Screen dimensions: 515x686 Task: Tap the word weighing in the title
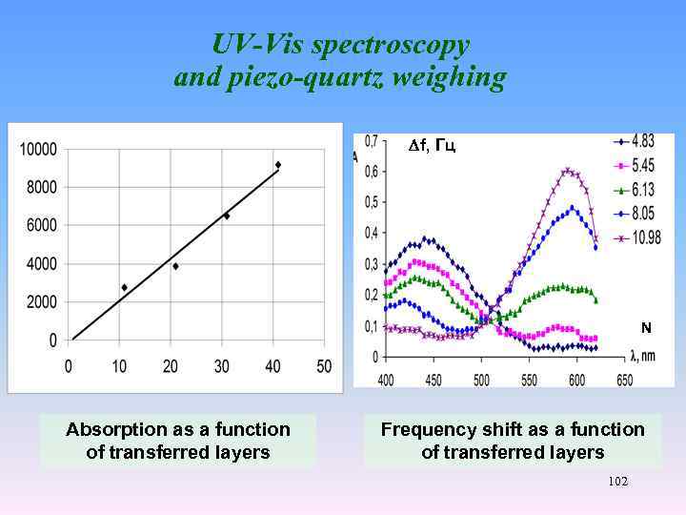point(447,77)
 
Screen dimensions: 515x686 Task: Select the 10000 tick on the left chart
point(39,149)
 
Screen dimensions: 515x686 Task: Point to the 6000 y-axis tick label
point(42,225)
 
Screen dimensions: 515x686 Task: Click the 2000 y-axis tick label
point(42,301)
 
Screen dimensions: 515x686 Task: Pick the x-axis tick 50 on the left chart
point(324,366)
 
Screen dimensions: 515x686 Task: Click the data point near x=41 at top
point(277,165)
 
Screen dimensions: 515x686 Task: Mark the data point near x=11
point(124,287)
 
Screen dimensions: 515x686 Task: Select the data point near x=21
point(175,266)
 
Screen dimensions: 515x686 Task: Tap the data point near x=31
point(226,216)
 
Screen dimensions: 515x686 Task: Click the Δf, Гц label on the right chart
point(431,146)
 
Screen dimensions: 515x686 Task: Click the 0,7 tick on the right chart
point(371,141)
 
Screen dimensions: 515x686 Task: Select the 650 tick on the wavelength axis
point(624,380)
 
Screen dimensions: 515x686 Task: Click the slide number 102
point(617,483)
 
